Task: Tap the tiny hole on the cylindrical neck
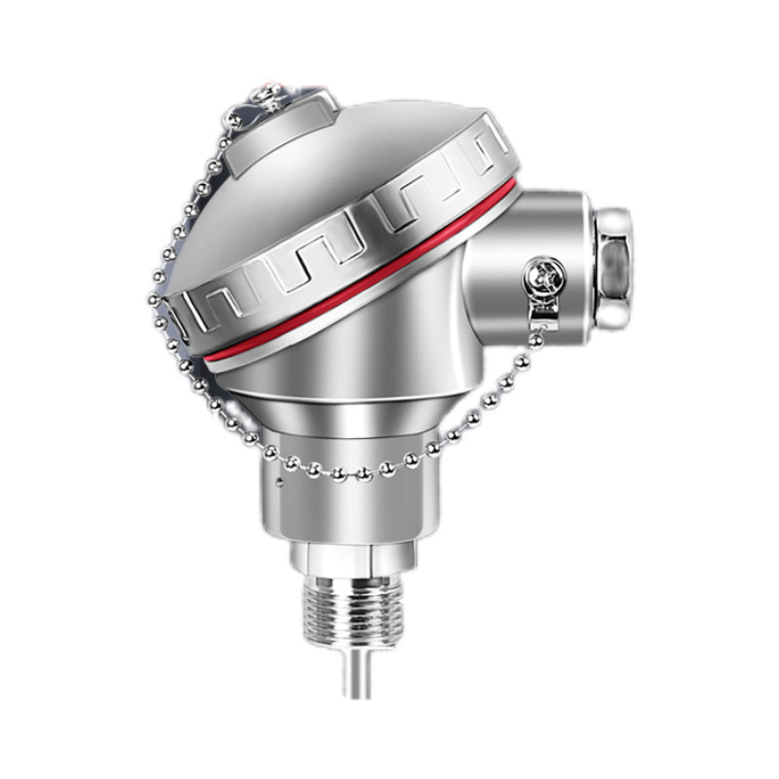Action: point(279,480)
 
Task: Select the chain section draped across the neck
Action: point(351,472)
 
